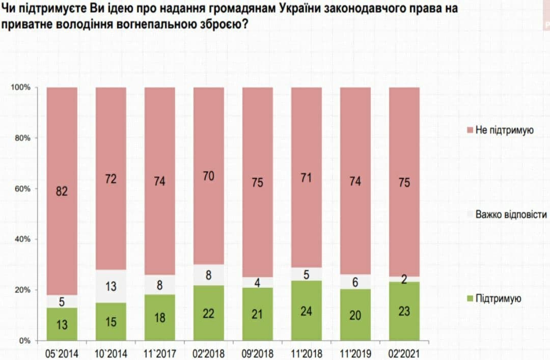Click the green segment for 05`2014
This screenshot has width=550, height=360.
[x=62, y=324]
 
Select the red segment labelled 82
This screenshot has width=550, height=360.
[x=62, y=191]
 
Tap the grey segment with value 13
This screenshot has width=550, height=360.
[x=111, y=286]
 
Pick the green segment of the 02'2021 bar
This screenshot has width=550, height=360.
[x=404, y=311]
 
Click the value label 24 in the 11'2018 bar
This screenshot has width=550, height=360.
[x=306, y=310]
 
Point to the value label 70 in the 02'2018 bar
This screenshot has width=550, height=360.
[x=208, y=176]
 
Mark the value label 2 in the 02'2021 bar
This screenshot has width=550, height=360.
[x=404, y=279]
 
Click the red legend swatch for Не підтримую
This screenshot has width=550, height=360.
[x=469, y=130]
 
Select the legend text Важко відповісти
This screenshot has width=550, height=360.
[x=511, y=214]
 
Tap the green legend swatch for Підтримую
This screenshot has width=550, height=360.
[x=469, y=299]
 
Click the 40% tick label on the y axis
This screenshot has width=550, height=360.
[x=23, y=239]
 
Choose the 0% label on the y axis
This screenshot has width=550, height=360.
[x=25, y=341]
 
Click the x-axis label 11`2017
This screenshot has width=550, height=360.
[x=159, y=352]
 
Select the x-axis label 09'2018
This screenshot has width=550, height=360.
[x=257, y=352]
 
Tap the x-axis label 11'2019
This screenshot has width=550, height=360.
[x=355, y=352]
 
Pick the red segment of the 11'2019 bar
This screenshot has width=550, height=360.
[x=355, y=181]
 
